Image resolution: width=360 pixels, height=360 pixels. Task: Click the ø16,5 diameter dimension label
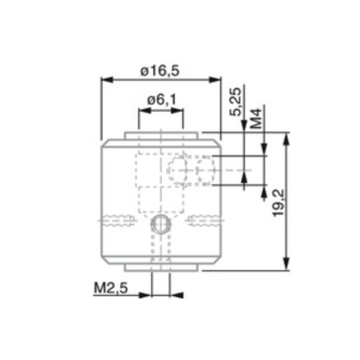click(x=160, y=71)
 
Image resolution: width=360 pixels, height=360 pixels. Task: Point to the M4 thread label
click(x=256, y=118)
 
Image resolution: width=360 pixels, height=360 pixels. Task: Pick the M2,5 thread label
click(x=110, y=288)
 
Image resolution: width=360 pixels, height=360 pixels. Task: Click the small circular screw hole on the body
click(x=161, y=223)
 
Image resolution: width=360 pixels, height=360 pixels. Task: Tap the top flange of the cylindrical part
click(x=161, y=135)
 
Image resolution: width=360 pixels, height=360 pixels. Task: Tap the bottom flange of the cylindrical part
click(x=161, y=268)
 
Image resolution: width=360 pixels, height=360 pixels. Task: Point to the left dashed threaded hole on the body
click(x=118, y=220)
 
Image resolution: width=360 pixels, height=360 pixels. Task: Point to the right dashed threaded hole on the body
click(x=205, y=220)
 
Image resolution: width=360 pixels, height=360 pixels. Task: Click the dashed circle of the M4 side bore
click(x=179, y=170)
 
